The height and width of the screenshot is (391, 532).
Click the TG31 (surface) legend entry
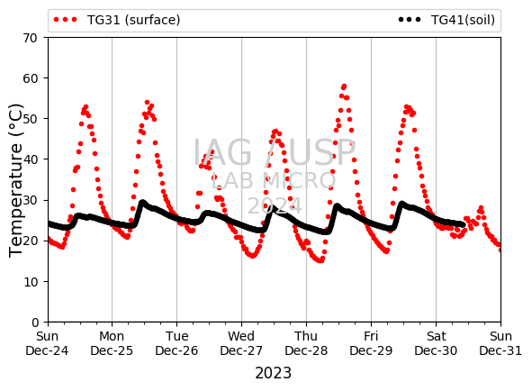117,20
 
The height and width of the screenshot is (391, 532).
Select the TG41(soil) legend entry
446,20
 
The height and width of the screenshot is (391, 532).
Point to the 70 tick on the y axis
30,38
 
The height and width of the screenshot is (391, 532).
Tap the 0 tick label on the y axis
35,322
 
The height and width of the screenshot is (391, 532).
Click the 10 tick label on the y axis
30,282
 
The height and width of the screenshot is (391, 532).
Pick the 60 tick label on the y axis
30,78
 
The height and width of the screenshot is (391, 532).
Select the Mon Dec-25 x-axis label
112,343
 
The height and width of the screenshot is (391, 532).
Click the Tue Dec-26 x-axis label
176,343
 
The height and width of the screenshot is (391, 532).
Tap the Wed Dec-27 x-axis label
241,343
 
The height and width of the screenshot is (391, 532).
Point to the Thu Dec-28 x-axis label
306,343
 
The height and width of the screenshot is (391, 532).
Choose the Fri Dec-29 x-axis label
371,343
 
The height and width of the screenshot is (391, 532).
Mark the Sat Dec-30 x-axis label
436,343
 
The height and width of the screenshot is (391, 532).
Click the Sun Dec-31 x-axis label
500,343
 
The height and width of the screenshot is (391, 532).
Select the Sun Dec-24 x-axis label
47,343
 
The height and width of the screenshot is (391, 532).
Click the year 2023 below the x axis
273,373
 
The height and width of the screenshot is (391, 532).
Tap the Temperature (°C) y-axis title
15,180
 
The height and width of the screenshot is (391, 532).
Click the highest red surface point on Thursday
344,86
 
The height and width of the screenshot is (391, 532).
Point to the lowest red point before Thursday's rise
320,260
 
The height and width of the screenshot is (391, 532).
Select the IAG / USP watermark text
275,152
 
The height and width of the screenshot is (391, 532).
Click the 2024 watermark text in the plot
275,206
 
